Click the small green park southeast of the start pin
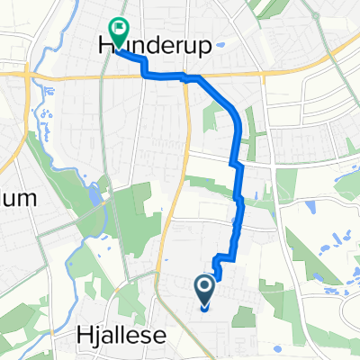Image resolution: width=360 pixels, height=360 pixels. pyautogui.click(x=243, y=314)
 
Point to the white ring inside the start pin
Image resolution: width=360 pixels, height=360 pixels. pyautogui.click(x=204, y=286)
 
